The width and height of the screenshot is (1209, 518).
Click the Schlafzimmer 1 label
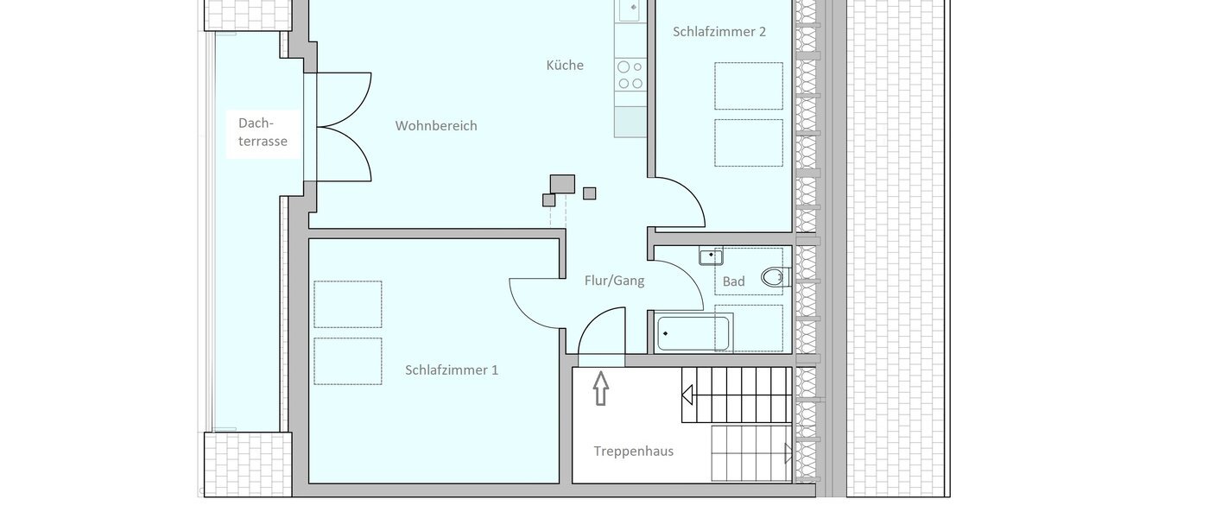pos(452,370)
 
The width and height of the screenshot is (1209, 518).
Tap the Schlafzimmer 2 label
pos(719,32)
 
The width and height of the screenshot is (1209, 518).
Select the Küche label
pos(565,65)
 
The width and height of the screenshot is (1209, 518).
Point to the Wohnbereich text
pos(436,125)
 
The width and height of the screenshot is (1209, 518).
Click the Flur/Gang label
pos(614,280)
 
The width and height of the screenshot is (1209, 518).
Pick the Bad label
pos(733,281)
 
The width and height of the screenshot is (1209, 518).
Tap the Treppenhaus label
pos(633,451)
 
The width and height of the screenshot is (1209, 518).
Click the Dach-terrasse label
pos(263,132)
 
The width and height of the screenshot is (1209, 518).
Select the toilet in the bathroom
pos(775,277)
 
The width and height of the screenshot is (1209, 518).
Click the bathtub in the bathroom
pos(693,333)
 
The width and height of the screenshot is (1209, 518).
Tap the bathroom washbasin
pos(711,256)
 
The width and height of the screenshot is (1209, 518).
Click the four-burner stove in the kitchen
pos(630,75)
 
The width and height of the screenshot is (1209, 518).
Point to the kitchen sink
pos(628,10)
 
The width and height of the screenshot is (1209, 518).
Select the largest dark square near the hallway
pos(562,184)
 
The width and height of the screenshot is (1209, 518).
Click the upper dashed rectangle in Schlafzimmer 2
pos(748,85)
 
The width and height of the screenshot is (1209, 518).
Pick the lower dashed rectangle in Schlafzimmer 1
pos(347,361)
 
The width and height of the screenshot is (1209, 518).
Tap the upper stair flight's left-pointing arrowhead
pos(687,395)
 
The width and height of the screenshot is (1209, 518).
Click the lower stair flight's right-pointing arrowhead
pos(788,454)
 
